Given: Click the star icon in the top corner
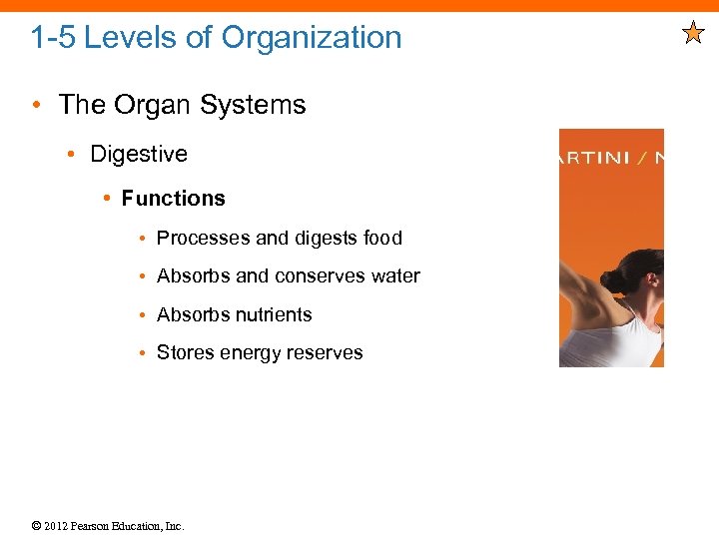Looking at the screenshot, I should coord(693,34).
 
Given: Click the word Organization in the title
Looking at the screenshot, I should coord(312,38).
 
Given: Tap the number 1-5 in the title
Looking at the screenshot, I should coord(53,38).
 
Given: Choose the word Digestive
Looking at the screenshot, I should coord(139,154).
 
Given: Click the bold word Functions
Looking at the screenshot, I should coord(173,199).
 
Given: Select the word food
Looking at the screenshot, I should coord(382,239).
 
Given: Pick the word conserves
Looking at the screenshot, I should coord(321,276).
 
